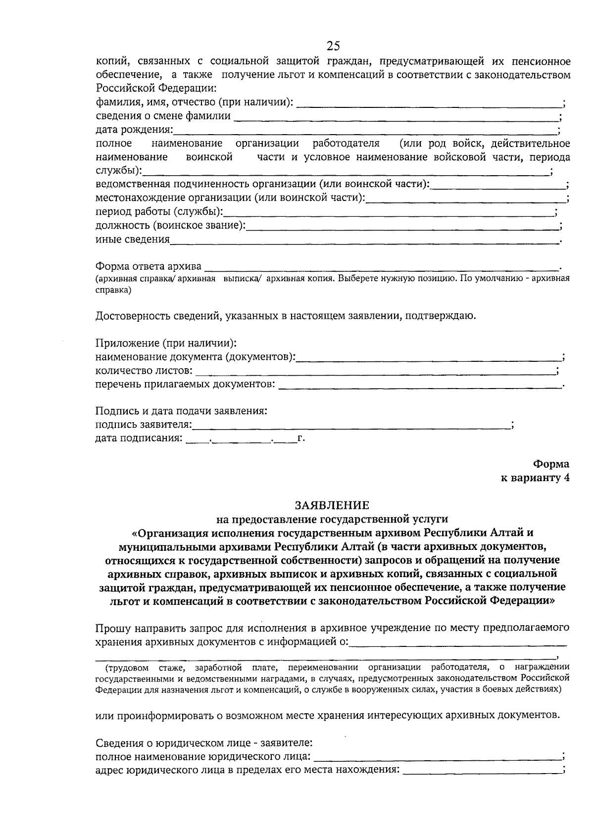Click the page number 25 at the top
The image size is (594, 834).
click(333, 46)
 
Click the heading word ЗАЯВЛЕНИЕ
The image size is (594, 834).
click(332, 505)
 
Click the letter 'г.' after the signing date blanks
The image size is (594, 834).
click(301, 438)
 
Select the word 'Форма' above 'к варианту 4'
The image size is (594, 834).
click(551, 464)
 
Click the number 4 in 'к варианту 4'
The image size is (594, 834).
click(566, 478)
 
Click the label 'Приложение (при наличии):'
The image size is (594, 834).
click(166, 343)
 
